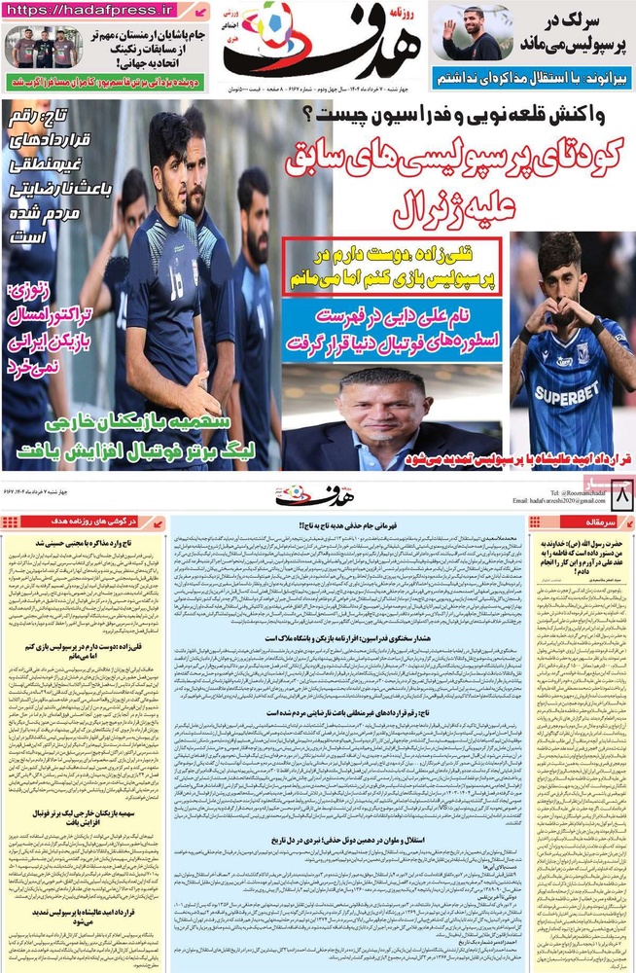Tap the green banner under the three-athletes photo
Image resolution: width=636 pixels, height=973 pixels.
point(108,83)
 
